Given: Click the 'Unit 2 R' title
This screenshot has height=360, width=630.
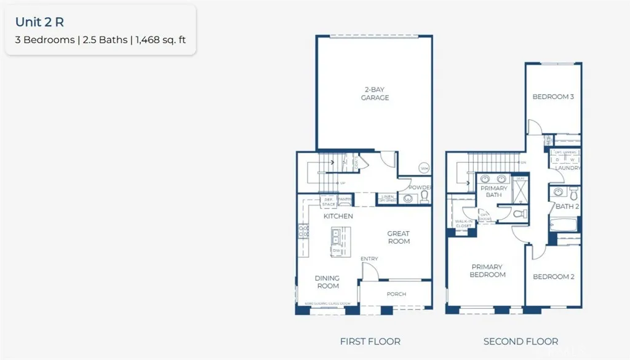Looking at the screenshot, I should point(39,22).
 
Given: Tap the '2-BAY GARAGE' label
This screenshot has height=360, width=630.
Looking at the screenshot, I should point(375,94).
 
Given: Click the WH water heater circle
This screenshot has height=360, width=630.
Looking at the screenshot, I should point(424,168).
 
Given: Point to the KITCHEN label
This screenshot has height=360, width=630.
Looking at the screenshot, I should point(338,216).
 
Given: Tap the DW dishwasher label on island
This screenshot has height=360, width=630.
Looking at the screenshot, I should point(337,250).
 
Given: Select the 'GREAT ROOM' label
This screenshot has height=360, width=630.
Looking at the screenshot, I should point(398,238).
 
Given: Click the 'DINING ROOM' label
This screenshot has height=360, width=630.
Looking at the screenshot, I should point(328,282).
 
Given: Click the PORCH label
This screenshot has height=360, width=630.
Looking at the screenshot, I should point(396,294).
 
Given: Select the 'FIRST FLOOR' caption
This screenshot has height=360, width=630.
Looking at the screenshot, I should point(370,342).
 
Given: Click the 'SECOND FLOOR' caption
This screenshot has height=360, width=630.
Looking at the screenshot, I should point(520,342).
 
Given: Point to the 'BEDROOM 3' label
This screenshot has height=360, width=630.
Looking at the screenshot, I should point(553,97).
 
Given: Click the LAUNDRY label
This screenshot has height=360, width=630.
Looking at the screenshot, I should point(567,168).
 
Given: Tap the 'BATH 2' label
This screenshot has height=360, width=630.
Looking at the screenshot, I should point(567,207).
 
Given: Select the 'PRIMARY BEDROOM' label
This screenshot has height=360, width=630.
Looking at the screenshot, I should point(487,271).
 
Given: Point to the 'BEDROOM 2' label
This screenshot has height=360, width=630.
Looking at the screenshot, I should point(553,277).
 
